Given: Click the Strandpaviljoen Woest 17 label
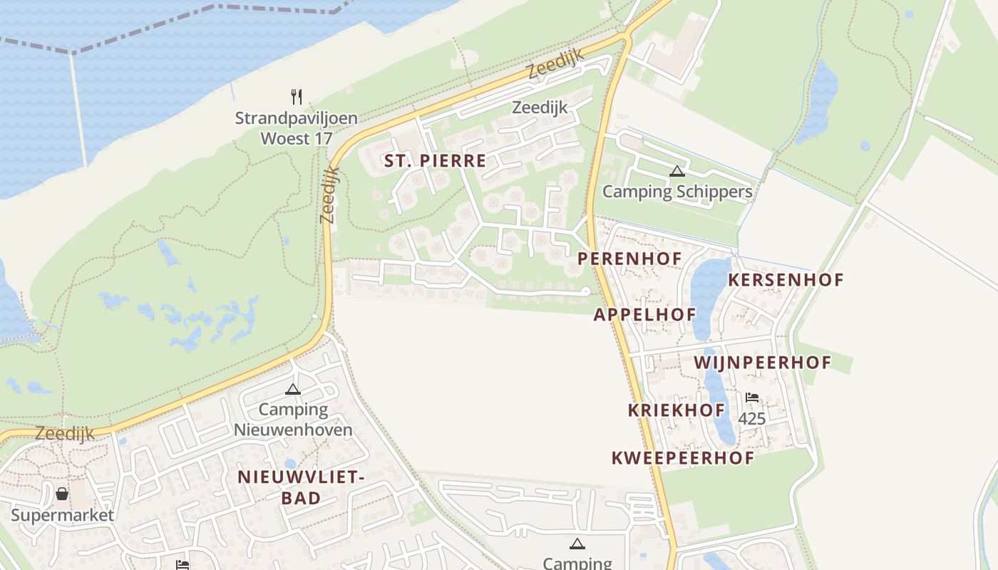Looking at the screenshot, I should pos(297,128).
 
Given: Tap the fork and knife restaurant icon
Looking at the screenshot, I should pos(297,96).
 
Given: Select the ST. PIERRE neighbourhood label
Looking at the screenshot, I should pos(435,161).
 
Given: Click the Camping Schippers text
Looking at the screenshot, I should pos(677,192).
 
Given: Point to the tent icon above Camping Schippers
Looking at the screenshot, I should pos(677,171).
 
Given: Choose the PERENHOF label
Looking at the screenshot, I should pos(629,259).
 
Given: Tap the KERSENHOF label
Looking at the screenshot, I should pos(786,280).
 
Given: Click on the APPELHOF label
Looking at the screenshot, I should pos(644,314).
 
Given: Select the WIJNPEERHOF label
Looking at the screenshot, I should pos(763,363).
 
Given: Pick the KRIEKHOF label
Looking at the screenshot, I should pos(677,410).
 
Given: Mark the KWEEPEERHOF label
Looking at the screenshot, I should pos(682,458).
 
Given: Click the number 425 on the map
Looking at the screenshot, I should pos(751,419).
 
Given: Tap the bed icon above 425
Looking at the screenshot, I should pos(751,398).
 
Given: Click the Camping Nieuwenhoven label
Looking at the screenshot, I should pos(293,420).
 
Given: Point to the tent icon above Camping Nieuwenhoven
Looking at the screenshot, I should pos(292,389).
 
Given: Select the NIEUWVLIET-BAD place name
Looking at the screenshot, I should pos(301,487).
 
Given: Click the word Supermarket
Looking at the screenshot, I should pos(62,515).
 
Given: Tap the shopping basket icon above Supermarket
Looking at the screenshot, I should pos(62,493).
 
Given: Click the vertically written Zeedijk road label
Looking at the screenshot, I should pos(329,195).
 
